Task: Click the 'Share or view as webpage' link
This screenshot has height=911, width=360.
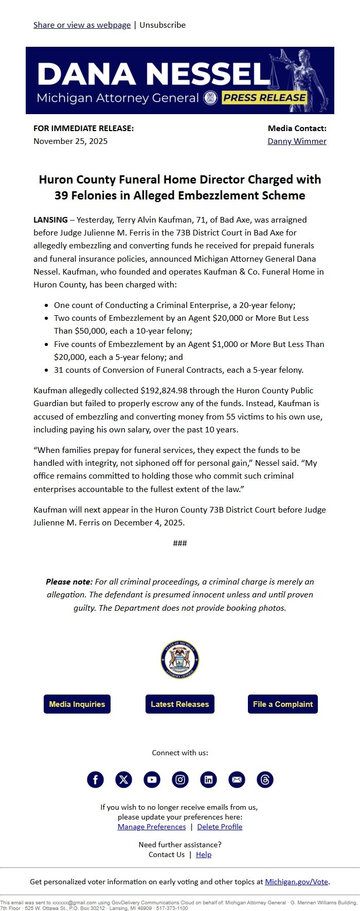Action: pyautogui.click(x=82, y=25)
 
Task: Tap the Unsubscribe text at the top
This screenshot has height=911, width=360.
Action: pyautogui.click(x=163, y=25)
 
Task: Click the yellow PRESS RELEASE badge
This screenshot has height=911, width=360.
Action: pyautogui.click(x=264, y=98)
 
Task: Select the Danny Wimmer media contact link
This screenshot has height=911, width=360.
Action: pyautogui.click(x=297, y=141)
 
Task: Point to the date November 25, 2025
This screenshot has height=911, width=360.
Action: pyautogui.click(x=70, y=141)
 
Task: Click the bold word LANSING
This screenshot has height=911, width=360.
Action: pyautogui.click(x=50, y=220)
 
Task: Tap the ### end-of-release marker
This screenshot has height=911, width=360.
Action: pyautogui.click(x=180, y=543)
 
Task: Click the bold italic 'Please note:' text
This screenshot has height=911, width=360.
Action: pyautogui.click(x=69, y=581)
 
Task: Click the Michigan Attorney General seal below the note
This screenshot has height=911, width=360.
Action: pyautogui.click(x=180, y=660)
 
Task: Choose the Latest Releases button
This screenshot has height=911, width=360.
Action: pyautogui.click(x=180, y=704)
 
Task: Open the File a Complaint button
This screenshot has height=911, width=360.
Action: pyautogui.click(x=283, y=704)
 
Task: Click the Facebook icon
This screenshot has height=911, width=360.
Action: pyautogui.click(x=95, y=779)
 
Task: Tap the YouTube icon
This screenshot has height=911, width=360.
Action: pyautogui.click(x=152, y=779)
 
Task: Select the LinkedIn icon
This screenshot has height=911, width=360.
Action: pyautogui.click(x=208, y=779)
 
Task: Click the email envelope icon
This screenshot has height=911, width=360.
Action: pyautogui.click(x=237, y=779)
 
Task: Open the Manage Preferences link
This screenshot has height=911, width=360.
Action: pyautogui.click(x=152, y=827)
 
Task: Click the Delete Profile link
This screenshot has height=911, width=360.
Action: pyautogui.click(x=220, y=827)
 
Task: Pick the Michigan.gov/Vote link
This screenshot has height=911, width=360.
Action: pyautogui.click(x=296, y=881)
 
